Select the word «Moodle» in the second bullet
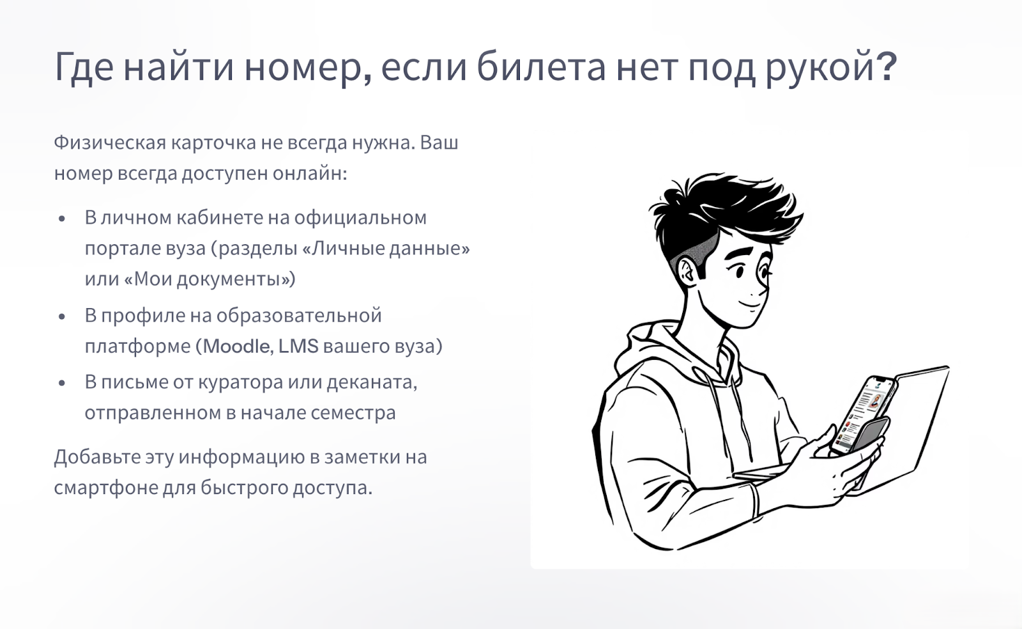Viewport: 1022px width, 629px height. click(236, 346)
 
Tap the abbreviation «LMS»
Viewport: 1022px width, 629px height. click(298, 346)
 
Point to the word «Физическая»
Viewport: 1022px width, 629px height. click(110, 143)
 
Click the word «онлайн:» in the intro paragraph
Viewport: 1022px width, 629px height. click(310, 173)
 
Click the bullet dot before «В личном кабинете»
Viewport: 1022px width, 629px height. click(62, 219)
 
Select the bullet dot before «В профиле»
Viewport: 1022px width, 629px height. click(62, 317)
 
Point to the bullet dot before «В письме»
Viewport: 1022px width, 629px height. click(62, 384)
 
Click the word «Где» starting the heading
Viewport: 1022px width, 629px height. click(84, 68)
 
